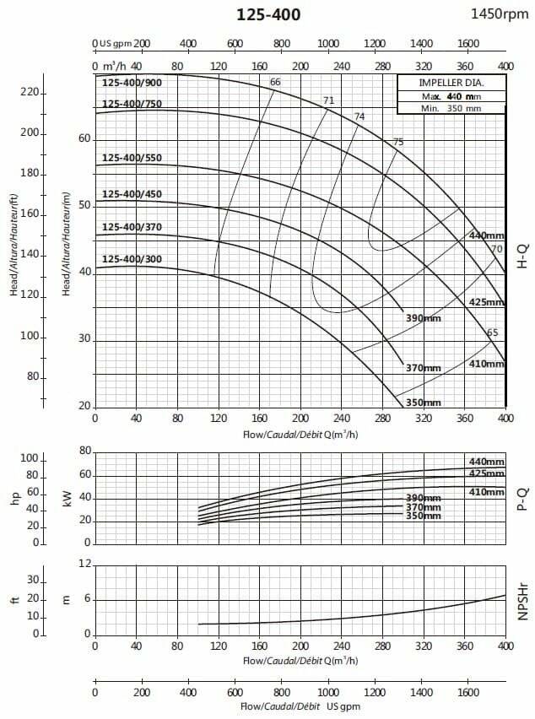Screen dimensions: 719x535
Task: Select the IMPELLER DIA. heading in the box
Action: (451, 83)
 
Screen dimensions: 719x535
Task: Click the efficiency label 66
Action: (275, 82)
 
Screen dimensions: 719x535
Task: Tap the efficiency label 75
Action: (398, 142)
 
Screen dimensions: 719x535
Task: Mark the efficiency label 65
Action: (493, 332)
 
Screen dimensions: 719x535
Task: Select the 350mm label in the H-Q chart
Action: (423, 403)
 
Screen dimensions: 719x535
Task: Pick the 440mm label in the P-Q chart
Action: (487, 462)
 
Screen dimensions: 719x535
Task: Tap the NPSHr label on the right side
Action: (521, 599)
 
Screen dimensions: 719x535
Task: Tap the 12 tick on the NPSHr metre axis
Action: (84, 563)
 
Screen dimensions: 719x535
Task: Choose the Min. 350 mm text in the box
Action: (451, 108)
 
